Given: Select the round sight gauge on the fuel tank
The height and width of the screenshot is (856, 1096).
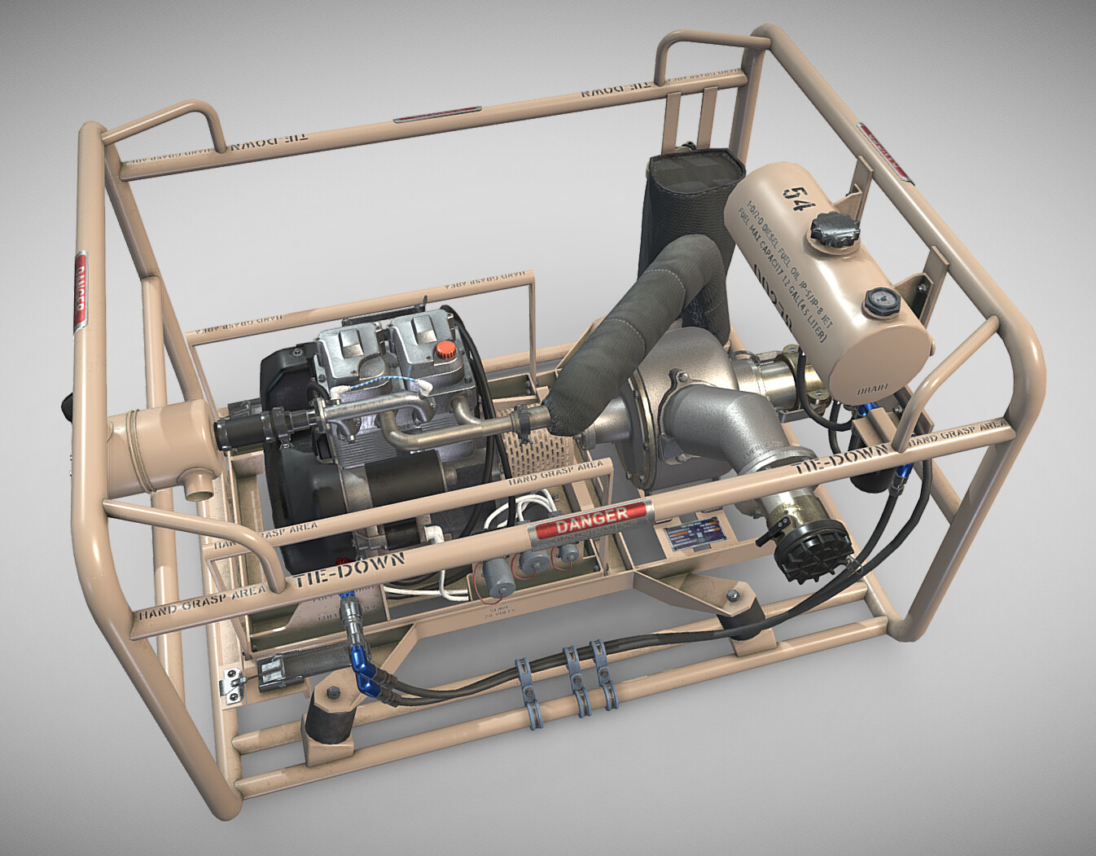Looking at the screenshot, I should click(x=879, y=302).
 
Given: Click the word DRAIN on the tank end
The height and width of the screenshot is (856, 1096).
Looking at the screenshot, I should click(x=871, y=391).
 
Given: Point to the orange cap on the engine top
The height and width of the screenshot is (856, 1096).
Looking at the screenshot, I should click(x=444, y=350).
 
